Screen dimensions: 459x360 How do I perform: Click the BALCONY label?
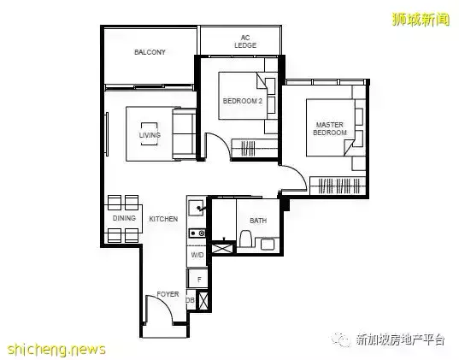[x=150, y=52]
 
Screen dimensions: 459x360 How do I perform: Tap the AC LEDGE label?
[x=245, y=42]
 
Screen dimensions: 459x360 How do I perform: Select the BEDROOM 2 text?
[x=243, y=101]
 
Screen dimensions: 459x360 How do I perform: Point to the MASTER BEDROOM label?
[x=330, y=128]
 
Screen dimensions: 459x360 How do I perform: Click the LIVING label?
[x=150, y=135]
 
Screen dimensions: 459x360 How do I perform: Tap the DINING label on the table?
[x=124, y=218]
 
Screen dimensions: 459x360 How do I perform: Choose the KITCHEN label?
[x=163, y=219]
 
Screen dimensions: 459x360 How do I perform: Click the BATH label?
[x=258, y=221]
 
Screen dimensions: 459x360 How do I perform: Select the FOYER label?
[x=168, y=294]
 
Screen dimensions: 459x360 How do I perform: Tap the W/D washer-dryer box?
[x=197, y=256]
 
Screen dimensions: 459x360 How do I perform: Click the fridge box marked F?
[x=198, y=279]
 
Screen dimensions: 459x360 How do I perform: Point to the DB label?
[x=190, y=300]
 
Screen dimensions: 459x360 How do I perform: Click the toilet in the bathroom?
[x=245, y=239]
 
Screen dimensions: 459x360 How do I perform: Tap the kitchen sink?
[x=197, y=208]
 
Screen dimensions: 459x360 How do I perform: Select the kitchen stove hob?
[x=197, y=233]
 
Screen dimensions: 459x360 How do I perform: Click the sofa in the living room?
[x=184, y=134]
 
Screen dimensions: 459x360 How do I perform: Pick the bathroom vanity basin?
[x=268, y=244]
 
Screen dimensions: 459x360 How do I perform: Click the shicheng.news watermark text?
[x=56, y=350]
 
